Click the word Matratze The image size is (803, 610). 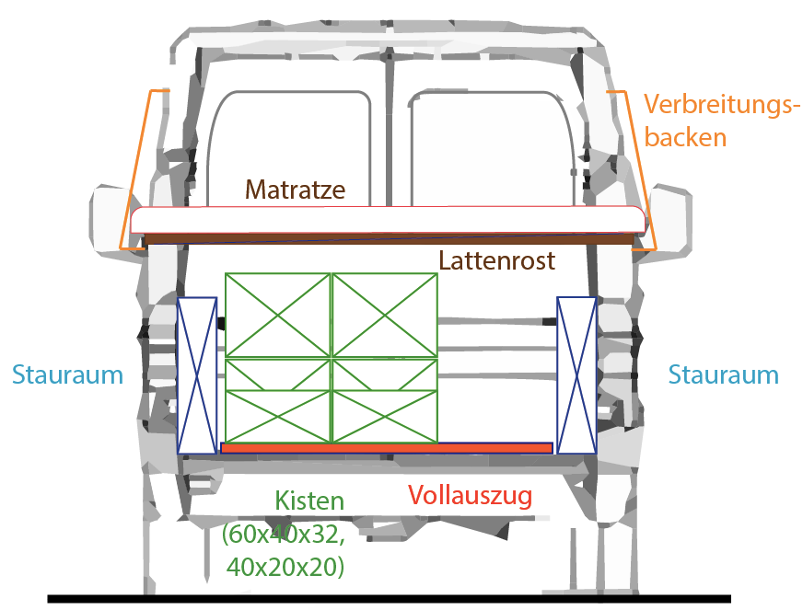click(x=295, y=190)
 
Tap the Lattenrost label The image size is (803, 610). click(x=496, y=260)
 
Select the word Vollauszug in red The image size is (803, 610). click(x=471, y=495)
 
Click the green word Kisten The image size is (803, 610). click(x=309, y=501)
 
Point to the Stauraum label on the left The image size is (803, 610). click(x=67, y=374)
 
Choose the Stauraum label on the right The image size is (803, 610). click(x=723, y=374)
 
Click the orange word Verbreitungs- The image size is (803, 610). click(x=721, y=104)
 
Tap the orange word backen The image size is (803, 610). click(x=685, y=137)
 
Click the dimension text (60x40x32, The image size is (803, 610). click(x=284, y=535)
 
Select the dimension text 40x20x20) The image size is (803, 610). click(x=285, y=567)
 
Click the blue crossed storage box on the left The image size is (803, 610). click(x=197, y=375)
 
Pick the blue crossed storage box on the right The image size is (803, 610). click(x=576, y=375)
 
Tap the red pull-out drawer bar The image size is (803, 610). click(x=387, y=448)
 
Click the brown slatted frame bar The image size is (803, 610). click(x=390, y=239)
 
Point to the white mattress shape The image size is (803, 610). click(x=388, y=220)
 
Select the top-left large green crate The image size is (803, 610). click(x=278, y=316)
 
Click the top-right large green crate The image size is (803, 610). click(x=385, y=316)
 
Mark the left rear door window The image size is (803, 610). click(x=289, y=149)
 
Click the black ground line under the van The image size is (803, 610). click(x=390, y=599)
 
